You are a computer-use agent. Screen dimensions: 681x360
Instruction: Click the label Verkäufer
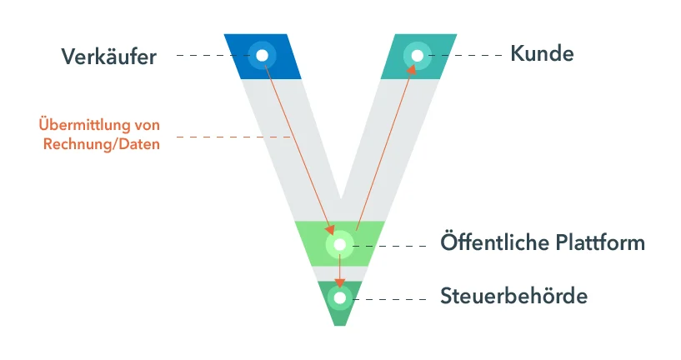coord(108,57)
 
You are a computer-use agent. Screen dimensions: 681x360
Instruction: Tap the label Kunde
coord(542,54)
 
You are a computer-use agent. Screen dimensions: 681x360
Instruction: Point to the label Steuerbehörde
coord(513,296)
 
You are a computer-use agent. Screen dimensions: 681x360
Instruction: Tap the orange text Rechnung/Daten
coord(102,143)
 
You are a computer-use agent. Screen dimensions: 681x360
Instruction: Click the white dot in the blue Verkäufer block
coord(263,56)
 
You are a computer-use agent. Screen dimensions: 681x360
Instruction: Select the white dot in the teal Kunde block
coord(418,56)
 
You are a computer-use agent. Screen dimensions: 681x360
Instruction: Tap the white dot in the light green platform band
coord(340,245)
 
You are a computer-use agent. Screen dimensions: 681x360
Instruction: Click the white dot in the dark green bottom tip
coord(340,298)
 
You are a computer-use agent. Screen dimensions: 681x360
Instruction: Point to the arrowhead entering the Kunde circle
coord(411,69)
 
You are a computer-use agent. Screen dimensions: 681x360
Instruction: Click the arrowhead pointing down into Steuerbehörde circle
coord(340,282)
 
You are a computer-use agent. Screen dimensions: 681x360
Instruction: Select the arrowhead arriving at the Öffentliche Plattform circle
coord(330,230)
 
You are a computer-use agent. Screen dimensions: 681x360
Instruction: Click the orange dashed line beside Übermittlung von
coord(233,137)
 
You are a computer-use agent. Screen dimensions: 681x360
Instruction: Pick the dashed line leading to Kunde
coord(465,55)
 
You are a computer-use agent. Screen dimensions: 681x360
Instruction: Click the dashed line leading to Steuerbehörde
coord(389,299)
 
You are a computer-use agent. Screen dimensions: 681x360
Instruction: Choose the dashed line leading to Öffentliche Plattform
coord(389,246)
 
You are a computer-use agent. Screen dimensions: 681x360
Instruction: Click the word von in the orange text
coord(148,125)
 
